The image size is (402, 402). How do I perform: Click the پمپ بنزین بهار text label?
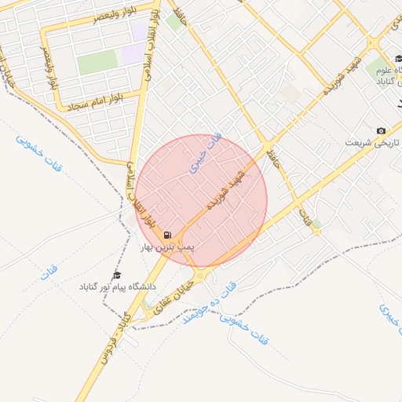click(166, 247)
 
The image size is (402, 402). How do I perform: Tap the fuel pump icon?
click(167, 235)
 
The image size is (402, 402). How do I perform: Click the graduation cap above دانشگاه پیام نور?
click(117, 275)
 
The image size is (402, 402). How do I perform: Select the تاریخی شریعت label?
click(374, 143)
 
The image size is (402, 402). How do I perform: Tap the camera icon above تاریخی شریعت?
click(381, 130)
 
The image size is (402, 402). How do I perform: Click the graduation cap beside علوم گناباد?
click(399, 60)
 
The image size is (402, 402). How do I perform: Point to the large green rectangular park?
click(97, 61)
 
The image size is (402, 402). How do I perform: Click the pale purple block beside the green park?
click(132, 53)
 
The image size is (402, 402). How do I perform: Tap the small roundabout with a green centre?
click(316, 230)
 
